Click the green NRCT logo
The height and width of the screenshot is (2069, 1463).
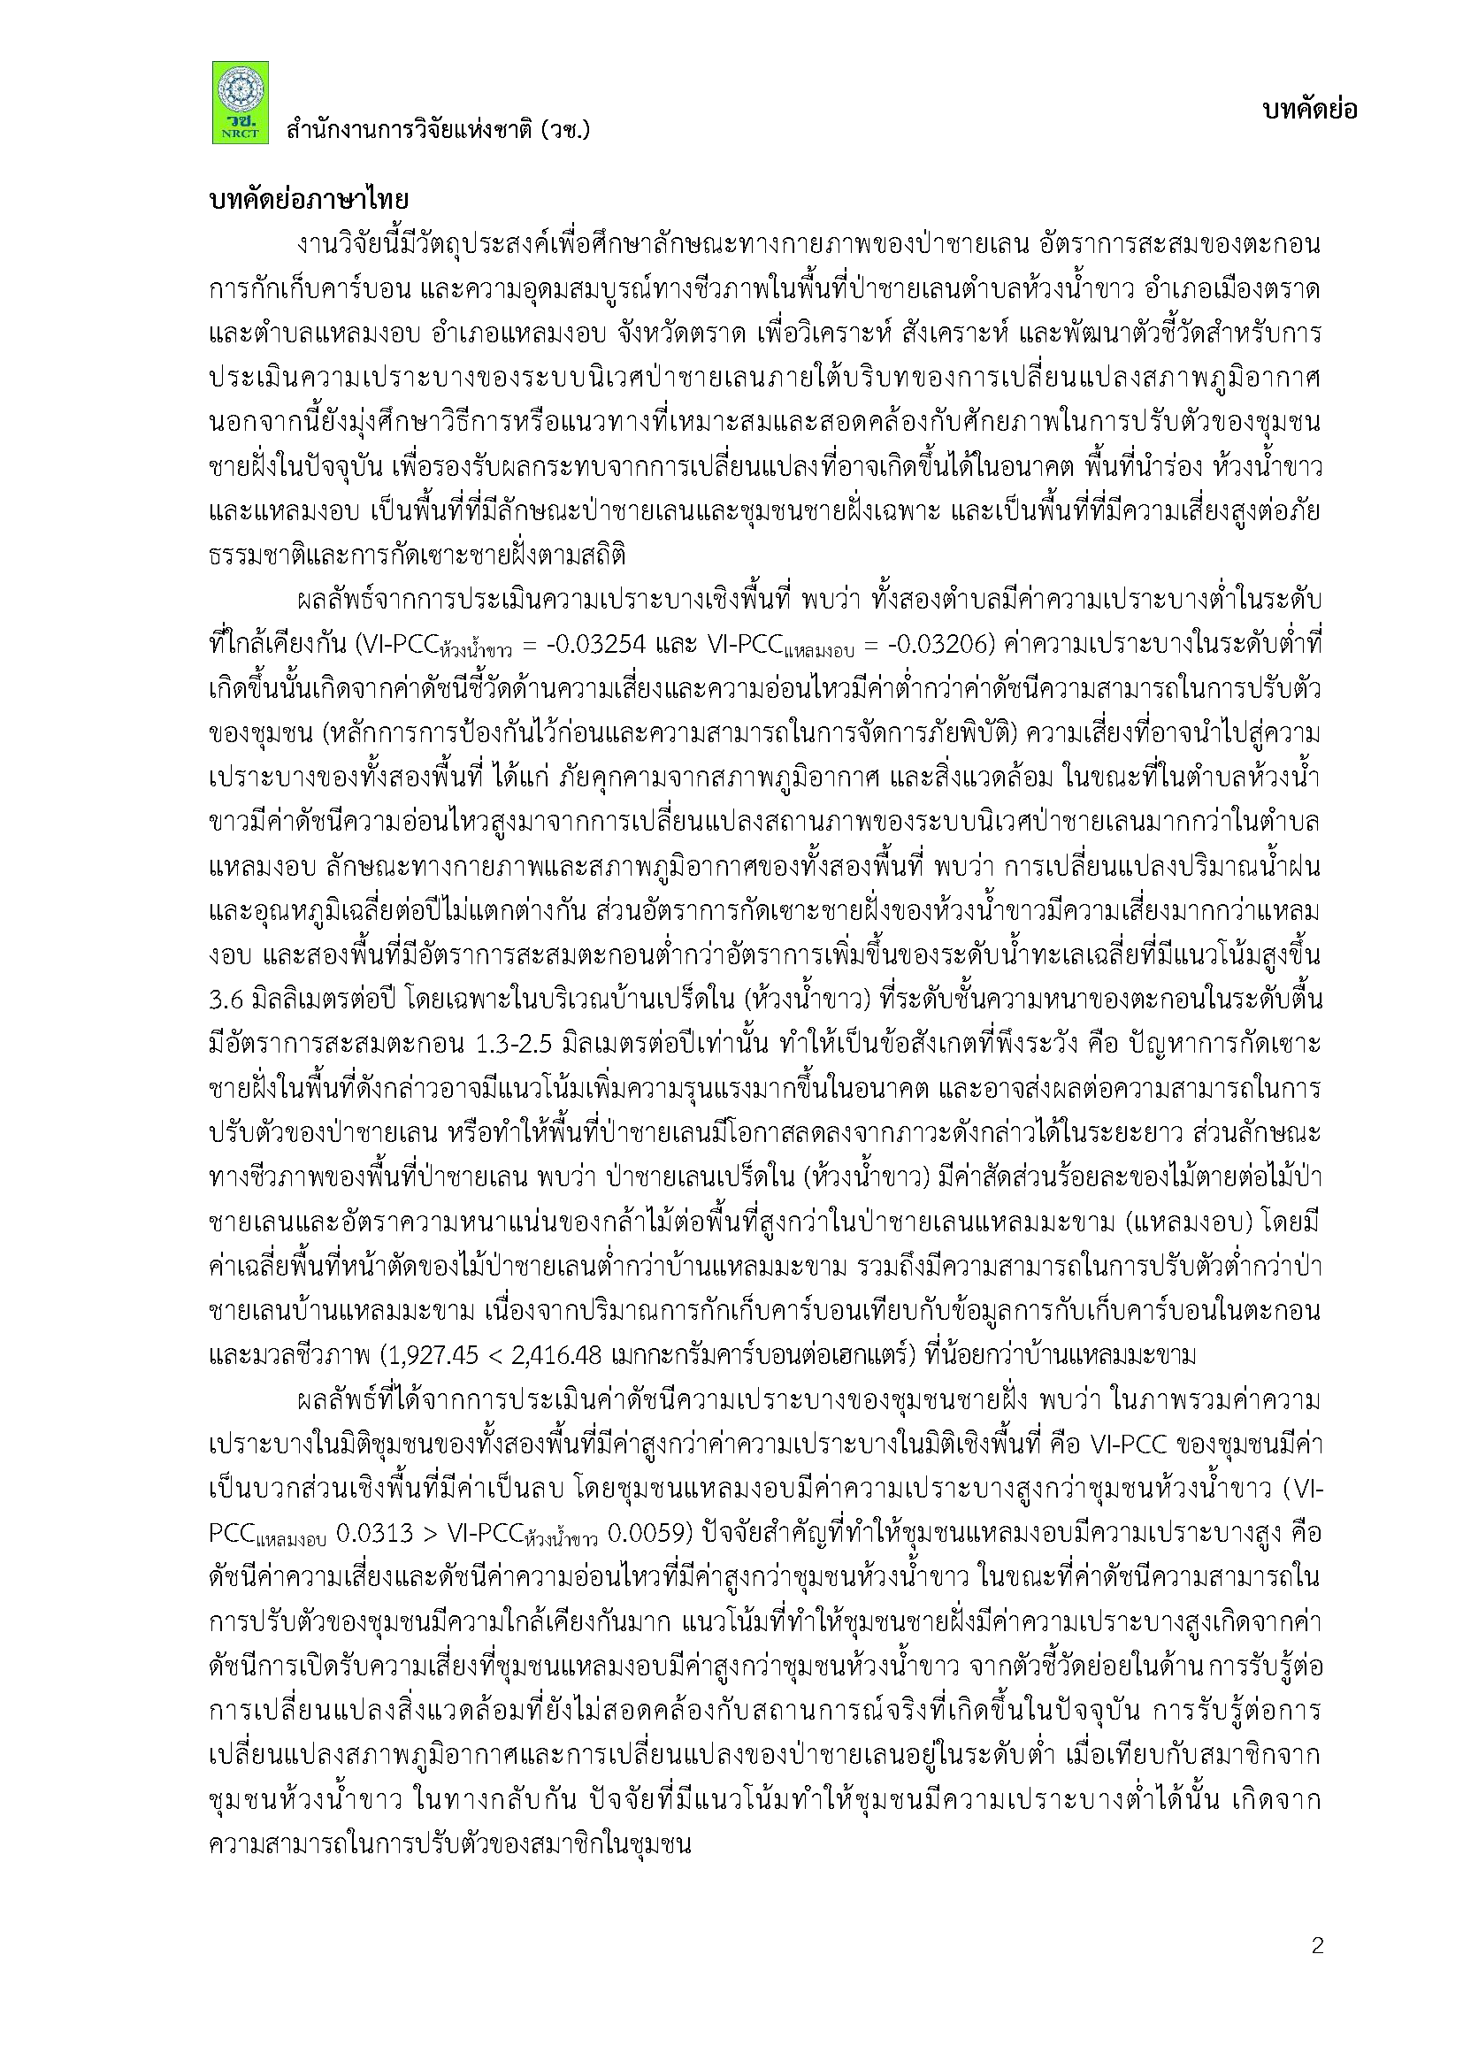click(x=240, y=102)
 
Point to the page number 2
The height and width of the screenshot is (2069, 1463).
click(x=1318, y=1945)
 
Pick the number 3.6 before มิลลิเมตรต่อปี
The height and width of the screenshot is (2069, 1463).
click(x=225, y=1000)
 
